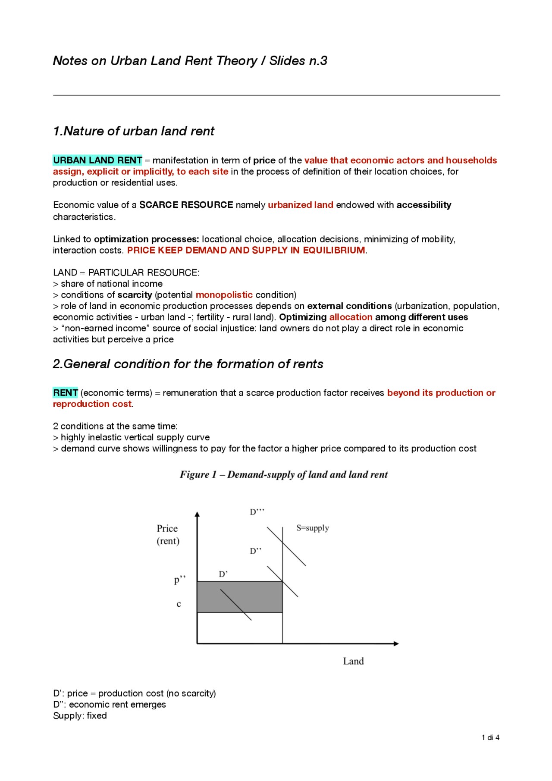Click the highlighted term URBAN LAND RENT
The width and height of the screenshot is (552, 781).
(x=97, y=160)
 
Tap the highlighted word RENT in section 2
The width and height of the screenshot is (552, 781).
(x=65, y=393)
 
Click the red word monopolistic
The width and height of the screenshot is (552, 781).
(x=224, y=295)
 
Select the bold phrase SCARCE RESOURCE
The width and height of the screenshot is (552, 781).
(x=186, y=205)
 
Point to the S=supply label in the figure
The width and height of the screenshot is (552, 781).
(x=312, y=528)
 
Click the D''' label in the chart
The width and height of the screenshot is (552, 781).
(x=257, y=512)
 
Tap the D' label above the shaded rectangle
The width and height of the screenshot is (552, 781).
(x=223, y=574)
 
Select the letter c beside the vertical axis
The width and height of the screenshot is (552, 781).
(x=179, y=604)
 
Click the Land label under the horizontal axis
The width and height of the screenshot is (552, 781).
(x=353, y=661)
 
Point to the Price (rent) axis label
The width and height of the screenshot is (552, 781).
(x=168, y=534)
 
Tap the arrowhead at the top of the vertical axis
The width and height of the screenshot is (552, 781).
(x=197, y=514)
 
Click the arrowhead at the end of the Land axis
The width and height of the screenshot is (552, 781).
(x=396, y=643)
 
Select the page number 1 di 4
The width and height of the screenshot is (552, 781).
(x=490, y=737)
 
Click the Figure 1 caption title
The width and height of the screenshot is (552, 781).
(x=283, y=474)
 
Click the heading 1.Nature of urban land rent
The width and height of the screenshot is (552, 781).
(x=133, y=131)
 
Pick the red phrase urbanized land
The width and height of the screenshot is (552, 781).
(x=300, y=205)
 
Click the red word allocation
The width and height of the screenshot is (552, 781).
(x=351, y=317)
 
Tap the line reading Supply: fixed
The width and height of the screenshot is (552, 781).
(x=80, y=715)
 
